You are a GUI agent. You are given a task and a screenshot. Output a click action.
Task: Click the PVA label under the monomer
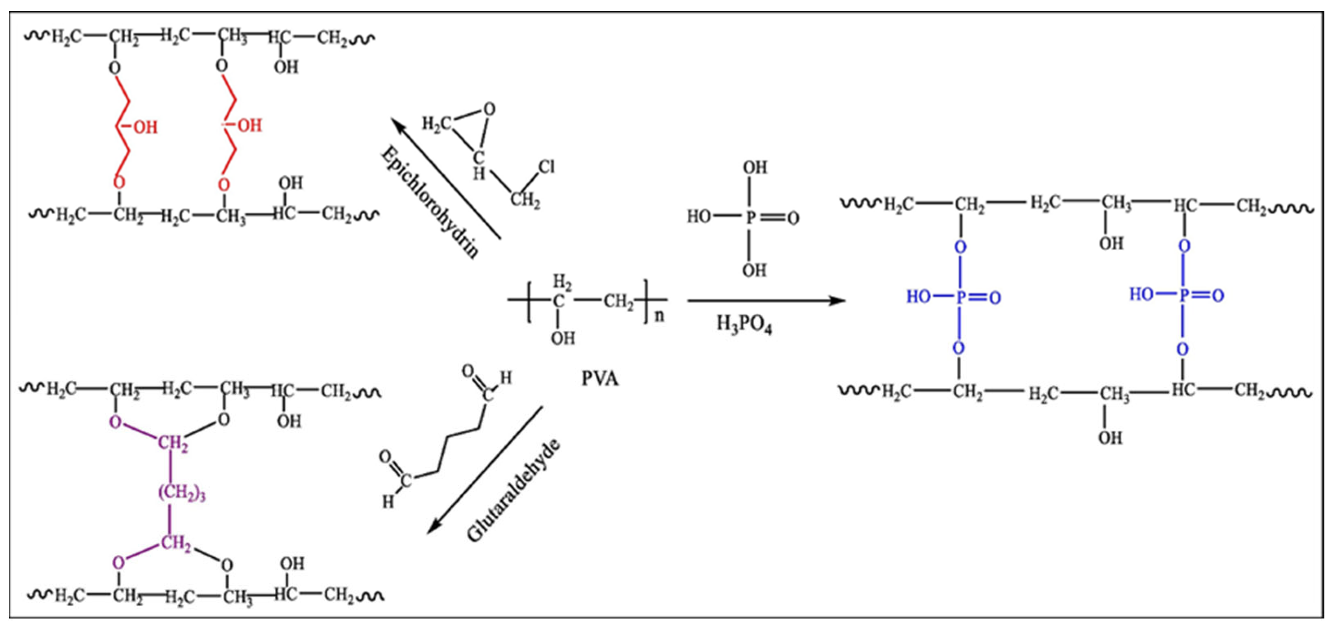(600, 379)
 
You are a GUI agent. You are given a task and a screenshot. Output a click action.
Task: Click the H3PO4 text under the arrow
(744, 325)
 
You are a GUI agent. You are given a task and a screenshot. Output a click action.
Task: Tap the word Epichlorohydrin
(429, 202)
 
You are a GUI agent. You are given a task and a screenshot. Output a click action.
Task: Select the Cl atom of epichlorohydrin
(547, 167)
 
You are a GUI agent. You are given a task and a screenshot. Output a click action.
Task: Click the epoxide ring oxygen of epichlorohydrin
(489, 109)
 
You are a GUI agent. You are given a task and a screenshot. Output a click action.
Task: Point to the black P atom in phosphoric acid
(750, 218)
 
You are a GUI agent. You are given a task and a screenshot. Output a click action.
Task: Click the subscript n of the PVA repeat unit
(659, 316)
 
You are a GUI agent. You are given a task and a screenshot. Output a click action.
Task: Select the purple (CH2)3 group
(182, 493)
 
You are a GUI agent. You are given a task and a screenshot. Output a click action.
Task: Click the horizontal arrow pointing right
(766, 301)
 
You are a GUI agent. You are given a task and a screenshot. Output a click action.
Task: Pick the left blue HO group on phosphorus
(919, 296)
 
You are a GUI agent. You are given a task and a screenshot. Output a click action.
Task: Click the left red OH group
(145, 127)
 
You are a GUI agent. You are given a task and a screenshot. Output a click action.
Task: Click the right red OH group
(250, 125)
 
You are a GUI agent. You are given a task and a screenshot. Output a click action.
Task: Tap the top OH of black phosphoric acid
(754, 167)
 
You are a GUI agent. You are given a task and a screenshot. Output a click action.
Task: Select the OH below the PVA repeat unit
(563, 338)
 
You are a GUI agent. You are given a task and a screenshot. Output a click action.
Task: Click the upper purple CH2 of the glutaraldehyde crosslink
(173, 444)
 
